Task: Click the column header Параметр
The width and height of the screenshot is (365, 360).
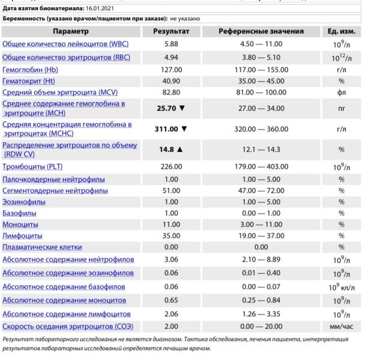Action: [71, 31]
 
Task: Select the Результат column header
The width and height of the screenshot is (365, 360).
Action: [172, 31]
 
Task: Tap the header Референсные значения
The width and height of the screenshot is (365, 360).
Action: [261, 31]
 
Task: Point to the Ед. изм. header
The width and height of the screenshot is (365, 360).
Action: [341, 31]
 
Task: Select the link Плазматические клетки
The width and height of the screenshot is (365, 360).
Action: [42, 247]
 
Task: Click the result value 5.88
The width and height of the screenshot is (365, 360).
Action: [172, 44]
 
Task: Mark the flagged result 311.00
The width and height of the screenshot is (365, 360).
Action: [168, 128]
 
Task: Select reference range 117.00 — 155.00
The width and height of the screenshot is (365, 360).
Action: [261, 70]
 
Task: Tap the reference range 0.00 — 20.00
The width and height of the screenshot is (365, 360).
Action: [261, 326]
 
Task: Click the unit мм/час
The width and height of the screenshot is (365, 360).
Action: [341, 326]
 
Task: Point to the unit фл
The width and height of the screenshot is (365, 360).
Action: [341, 93]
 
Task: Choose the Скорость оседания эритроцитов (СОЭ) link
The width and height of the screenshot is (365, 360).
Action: [67, 326]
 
